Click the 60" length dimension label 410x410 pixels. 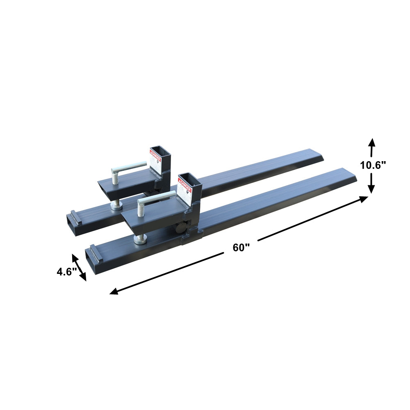[241, 247]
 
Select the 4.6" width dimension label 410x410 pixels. [67, 271]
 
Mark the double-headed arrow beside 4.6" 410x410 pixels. [80, 267]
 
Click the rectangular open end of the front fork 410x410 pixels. [91, 259]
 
